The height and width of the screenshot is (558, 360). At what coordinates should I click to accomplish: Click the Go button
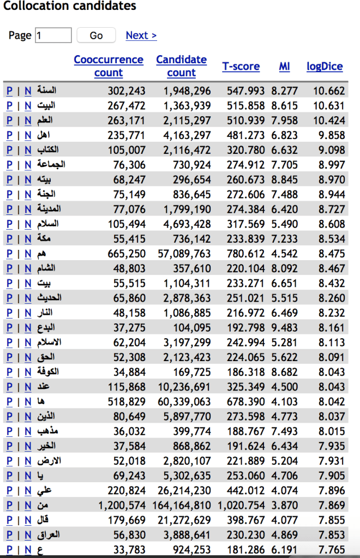[96, 35]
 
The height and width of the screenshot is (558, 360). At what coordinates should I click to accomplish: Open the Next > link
[141, 35]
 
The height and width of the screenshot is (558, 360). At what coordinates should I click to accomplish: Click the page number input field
[53, 35]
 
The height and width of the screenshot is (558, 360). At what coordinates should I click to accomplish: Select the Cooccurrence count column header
[109, 66]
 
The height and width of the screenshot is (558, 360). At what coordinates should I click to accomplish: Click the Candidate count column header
[181, 66]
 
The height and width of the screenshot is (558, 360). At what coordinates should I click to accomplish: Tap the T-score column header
[241, 67]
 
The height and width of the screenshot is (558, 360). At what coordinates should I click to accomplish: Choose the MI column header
[284, 67]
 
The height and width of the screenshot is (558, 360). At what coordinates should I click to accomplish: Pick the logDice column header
[325, 67]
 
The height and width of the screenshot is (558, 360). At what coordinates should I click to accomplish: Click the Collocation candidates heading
[70, 7]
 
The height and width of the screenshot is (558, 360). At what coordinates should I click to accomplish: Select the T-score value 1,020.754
[245, 505]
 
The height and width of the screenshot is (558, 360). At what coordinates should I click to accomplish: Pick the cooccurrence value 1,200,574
[122, 505]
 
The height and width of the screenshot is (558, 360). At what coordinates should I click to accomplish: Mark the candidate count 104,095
[191, 327]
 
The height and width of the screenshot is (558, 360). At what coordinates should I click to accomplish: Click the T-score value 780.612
[246, 253]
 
